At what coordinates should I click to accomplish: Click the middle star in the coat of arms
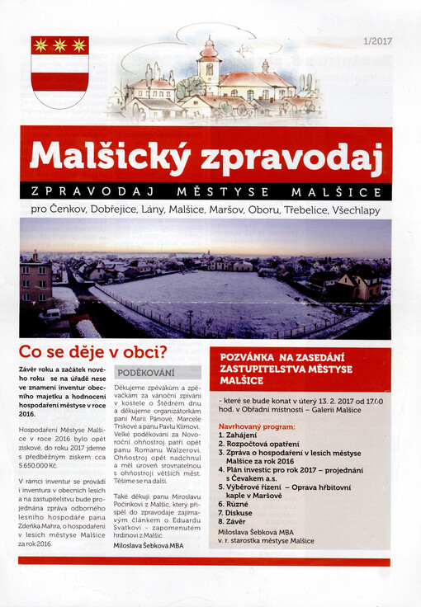[x=59, y=45]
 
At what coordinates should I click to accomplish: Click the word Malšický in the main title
[x=103, y=158]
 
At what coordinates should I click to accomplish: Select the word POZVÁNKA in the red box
[x=253, y=357]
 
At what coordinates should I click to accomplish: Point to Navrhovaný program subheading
[x=256, y=427]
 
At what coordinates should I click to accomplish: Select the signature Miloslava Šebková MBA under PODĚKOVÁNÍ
[x=149, y=546]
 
